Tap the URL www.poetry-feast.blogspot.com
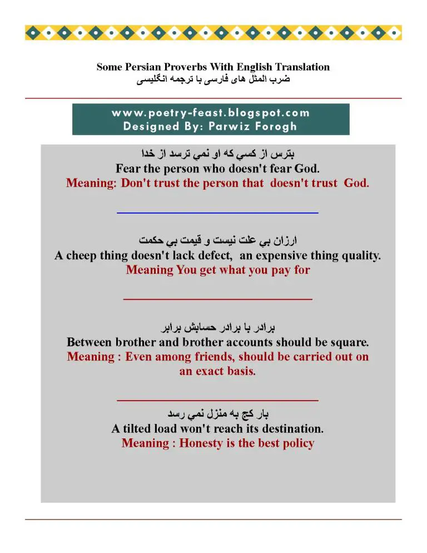211,113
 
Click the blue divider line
217,213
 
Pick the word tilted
138,429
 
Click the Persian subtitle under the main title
213,79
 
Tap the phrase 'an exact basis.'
217,371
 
